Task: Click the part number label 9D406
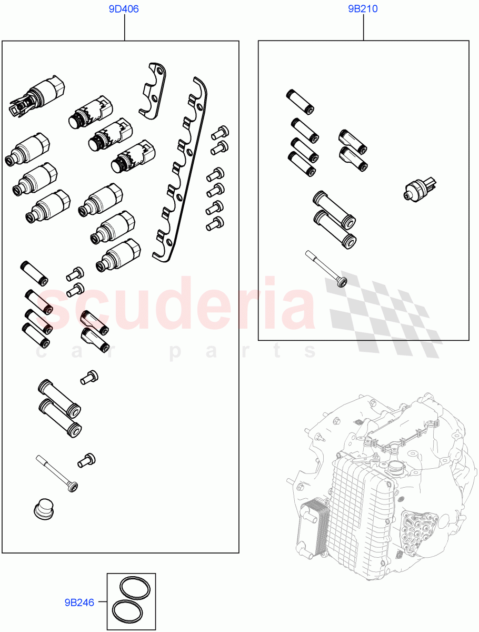[x=124, y=9]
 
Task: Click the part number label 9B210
[x=363, y=9]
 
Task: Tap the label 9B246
[x=79, y=602]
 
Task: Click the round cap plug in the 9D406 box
[x=43, y=510]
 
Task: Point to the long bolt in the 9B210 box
[x=325, y=269]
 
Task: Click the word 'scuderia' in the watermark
[x=179, y=303]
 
